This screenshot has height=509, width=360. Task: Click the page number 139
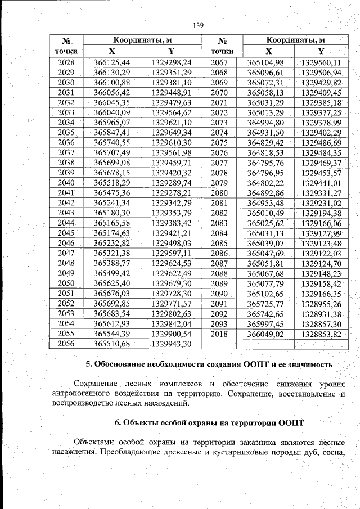click(x=197, y=25)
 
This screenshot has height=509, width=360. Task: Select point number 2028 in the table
click(x=66, y=62)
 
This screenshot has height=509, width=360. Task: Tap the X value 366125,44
click(x=112, y=62)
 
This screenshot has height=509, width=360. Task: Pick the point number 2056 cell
click(x=66, y=344)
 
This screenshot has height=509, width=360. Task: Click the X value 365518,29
click(x=112, y=183)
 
